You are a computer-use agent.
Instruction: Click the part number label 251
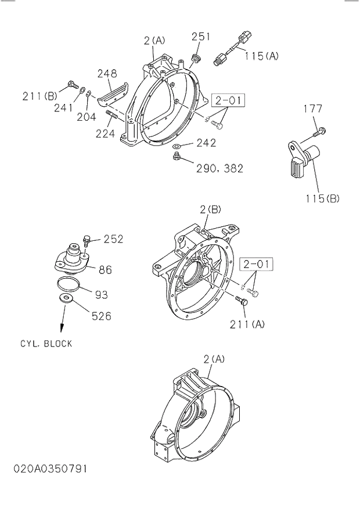point(201,37)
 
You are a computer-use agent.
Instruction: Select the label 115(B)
point(322,198)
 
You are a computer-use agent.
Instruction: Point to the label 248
point(107,74)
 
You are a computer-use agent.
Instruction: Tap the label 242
point(206,143)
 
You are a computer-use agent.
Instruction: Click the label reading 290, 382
point(219,168)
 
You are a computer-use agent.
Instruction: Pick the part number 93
point(102,294)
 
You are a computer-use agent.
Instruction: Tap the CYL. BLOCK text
point(46,343)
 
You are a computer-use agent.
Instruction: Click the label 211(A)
point(247,324)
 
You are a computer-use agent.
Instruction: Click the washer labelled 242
point(178,145)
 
